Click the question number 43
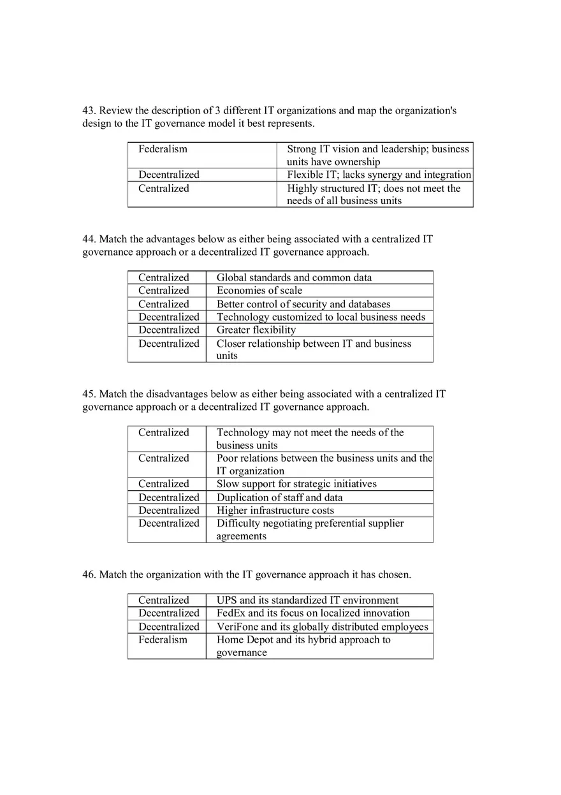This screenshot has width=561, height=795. (x=89, y=111)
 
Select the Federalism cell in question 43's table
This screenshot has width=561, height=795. (x=163, y=149)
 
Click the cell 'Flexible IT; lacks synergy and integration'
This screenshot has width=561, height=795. (x=379, y=175)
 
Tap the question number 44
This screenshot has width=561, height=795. (x=89, y=240)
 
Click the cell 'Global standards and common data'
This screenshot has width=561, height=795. (x=294, y=278)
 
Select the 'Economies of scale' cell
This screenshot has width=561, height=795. (x=259, y=291)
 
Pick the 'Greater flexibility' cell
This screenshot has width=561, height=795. (x=256, y=330)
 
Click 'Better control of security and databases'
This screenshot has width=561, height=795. (x=303, y=305)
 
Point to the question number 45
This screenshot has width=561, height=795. (x=89, y=395)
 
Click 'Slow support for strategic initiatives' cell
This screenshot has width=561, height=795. (x=296, y=484)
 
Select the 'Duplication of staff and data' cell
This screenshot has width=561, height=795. (x=279, y=498)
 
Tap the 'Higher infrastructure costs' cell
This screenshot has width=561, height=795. (x=275, y=511)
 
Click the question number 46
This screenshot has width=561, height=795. (x=89, y=575)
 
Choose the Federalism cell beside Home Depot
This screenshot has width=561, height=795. (x=163, y=640)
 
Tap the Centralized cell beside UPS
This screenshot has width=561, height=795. (x=164, y=601)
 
